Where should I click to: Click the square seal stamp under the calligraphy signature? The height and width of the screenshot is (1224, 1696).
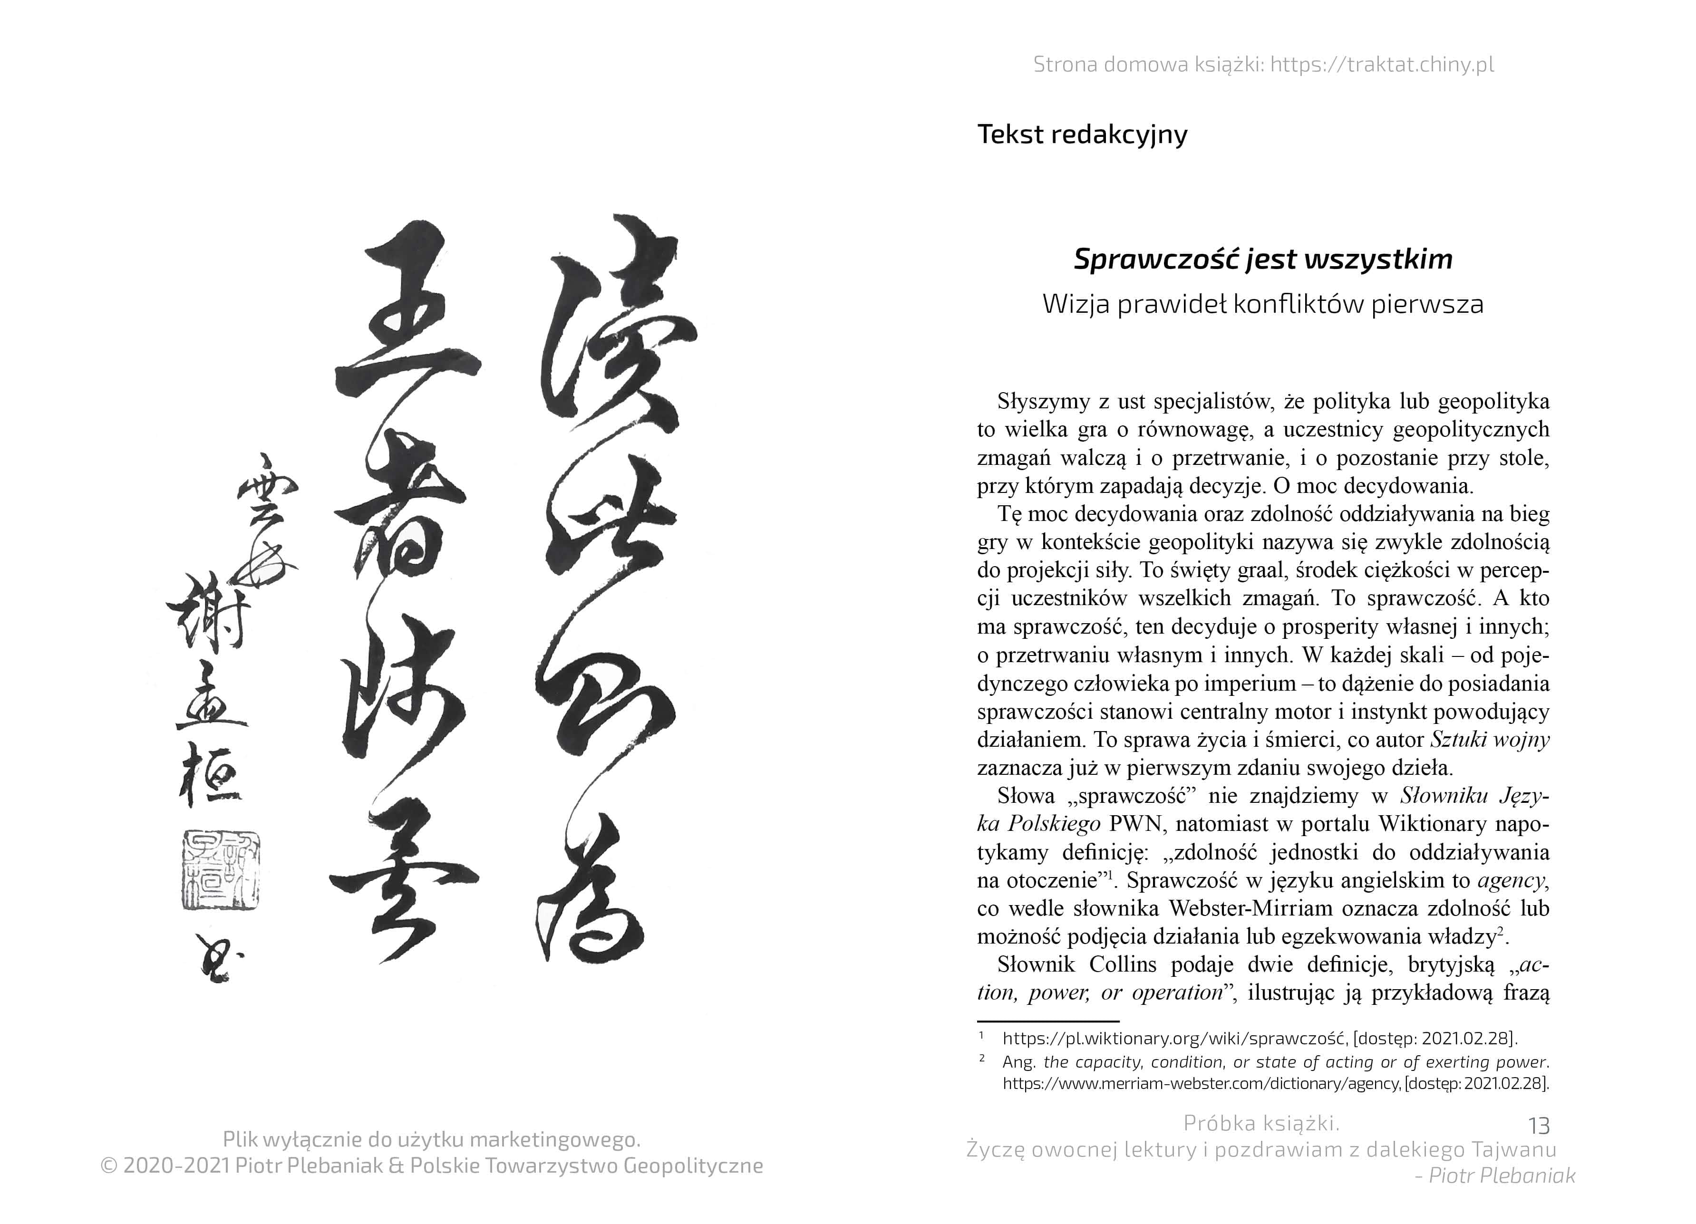220,869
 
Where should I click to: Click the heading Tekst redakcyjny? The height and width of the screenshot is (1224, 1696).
1082,135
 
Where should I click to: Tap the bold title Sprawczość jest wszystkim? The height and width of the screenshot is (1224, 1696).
1263,259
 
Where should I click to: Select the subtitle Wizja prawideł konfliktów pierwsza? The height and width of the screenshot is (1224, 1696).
1263,304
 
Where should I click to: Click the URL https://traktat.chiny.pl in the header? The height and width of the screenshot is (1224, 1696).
1382,65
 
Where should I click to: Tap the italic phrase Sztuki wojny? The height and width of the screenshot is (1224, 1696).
1490,740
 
